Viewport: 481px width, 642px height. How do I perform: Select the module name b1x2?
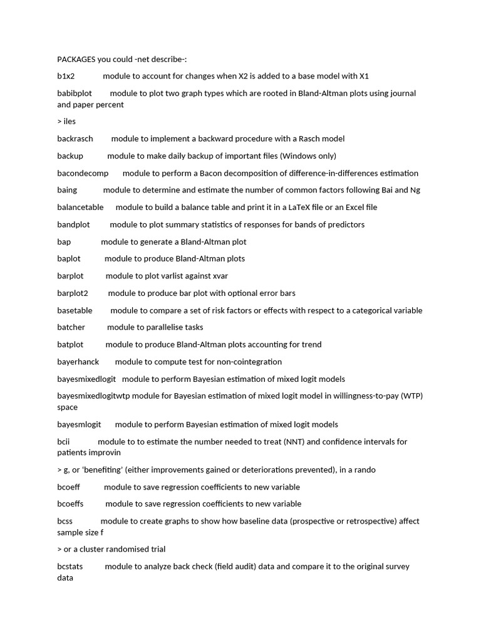pos(66,76)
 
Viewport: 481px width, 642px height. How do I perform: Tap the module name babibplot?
pos(75,93)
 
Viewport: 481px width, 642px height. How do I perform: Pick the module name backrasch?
pos(75,139)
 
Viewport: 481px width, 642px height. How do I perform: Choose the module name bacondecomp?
pos(83,173)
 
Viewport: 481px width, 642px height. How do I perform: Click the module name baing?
pos(67,190)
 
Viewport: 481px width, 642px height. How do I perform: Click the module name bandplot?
pos(73,224)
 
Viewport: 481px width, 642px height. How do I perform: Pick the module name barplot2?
pos(73,293)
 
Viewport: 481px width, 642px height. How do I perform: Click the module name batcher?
pos(71,327)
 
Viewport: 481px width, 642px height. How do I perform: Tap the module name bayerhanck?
pos(78,362)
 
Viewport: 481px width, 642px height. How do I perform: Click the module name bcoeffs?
pos(70,504)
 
